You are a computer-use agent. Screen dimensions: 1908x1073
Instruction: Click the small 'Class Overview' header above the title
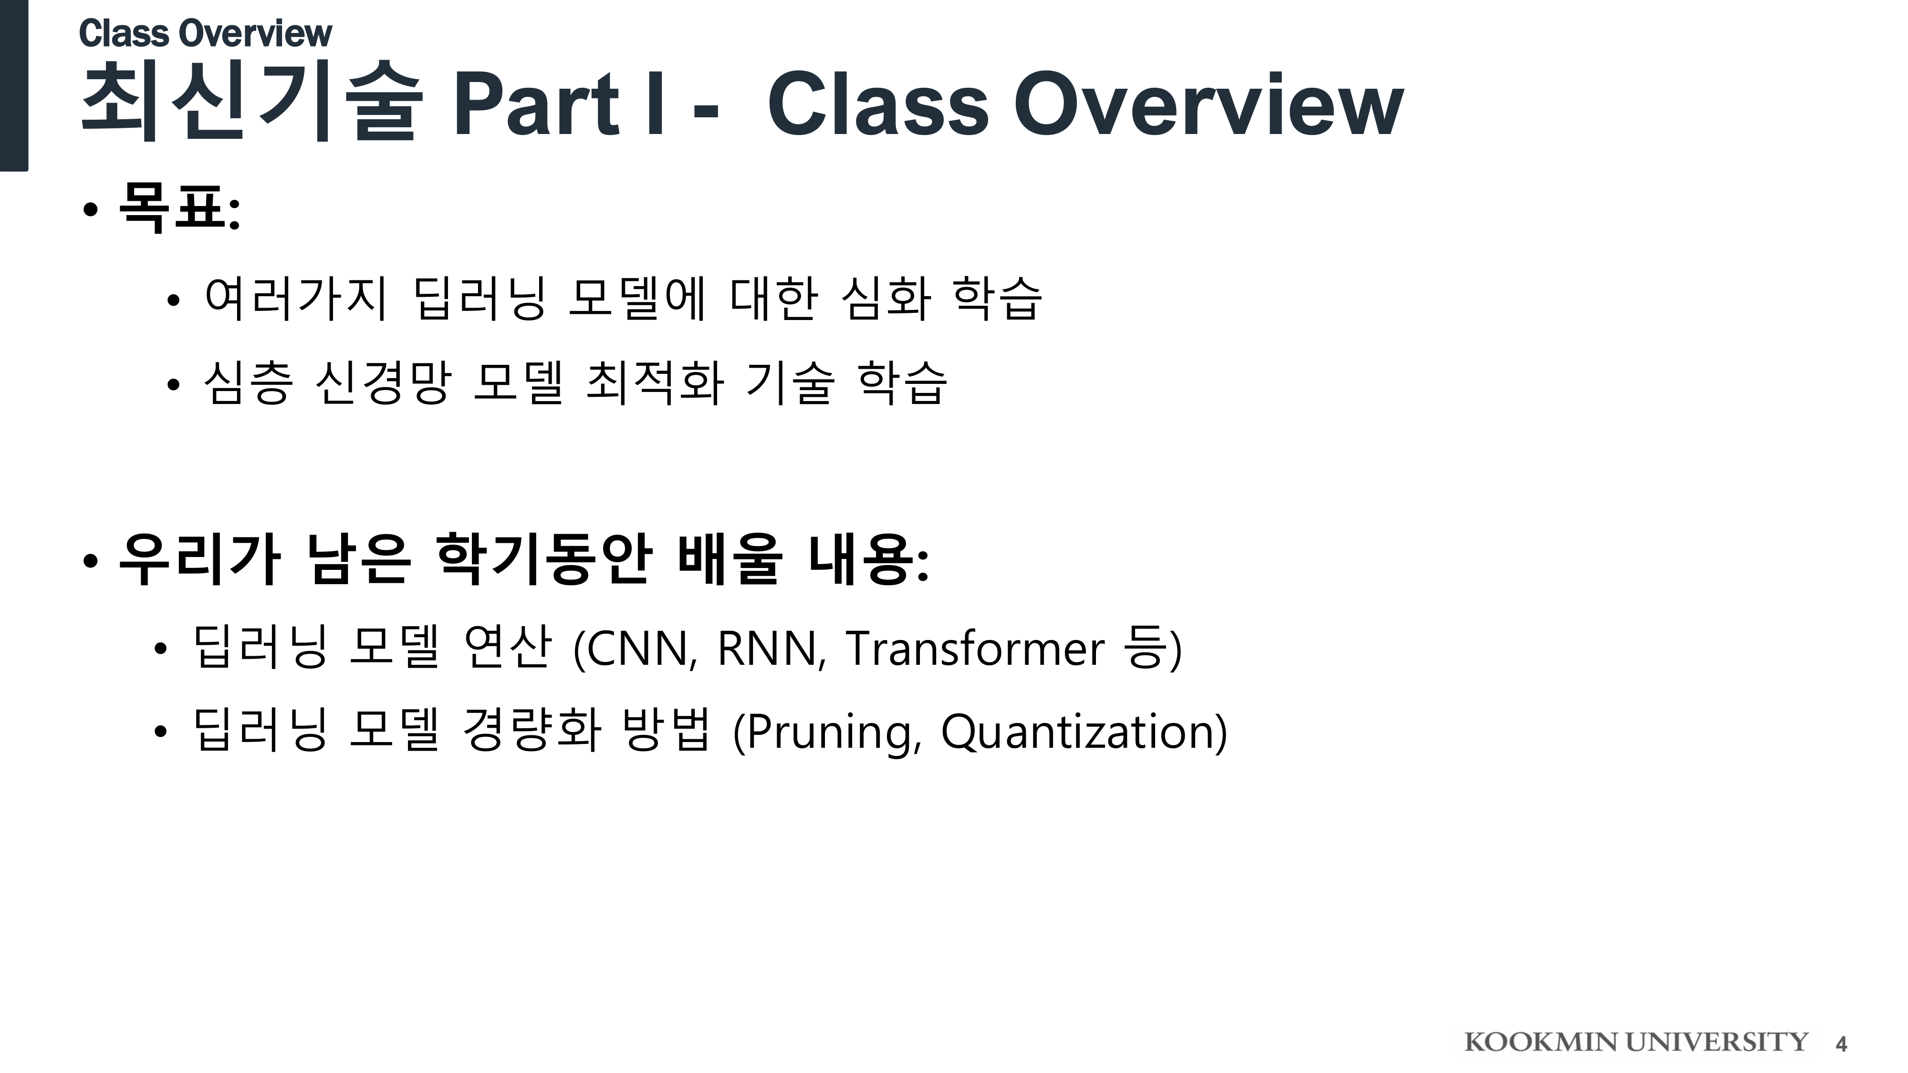(205, 33)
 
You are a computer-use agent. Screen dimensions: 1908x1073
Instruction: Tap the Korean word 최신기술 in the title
(251, 102)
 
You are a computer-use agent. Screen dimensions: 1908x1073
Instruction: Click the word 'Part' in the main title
(535, 105)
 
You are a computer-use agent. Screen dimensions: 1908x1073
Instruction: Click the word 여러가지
(295, 299)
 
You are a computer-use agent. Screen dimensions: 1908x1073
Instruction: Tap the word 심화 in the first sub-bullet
(886, 299)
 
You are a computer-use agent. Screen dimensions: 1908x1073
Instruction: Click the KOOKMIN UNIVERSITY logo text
(1636, 1042)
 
